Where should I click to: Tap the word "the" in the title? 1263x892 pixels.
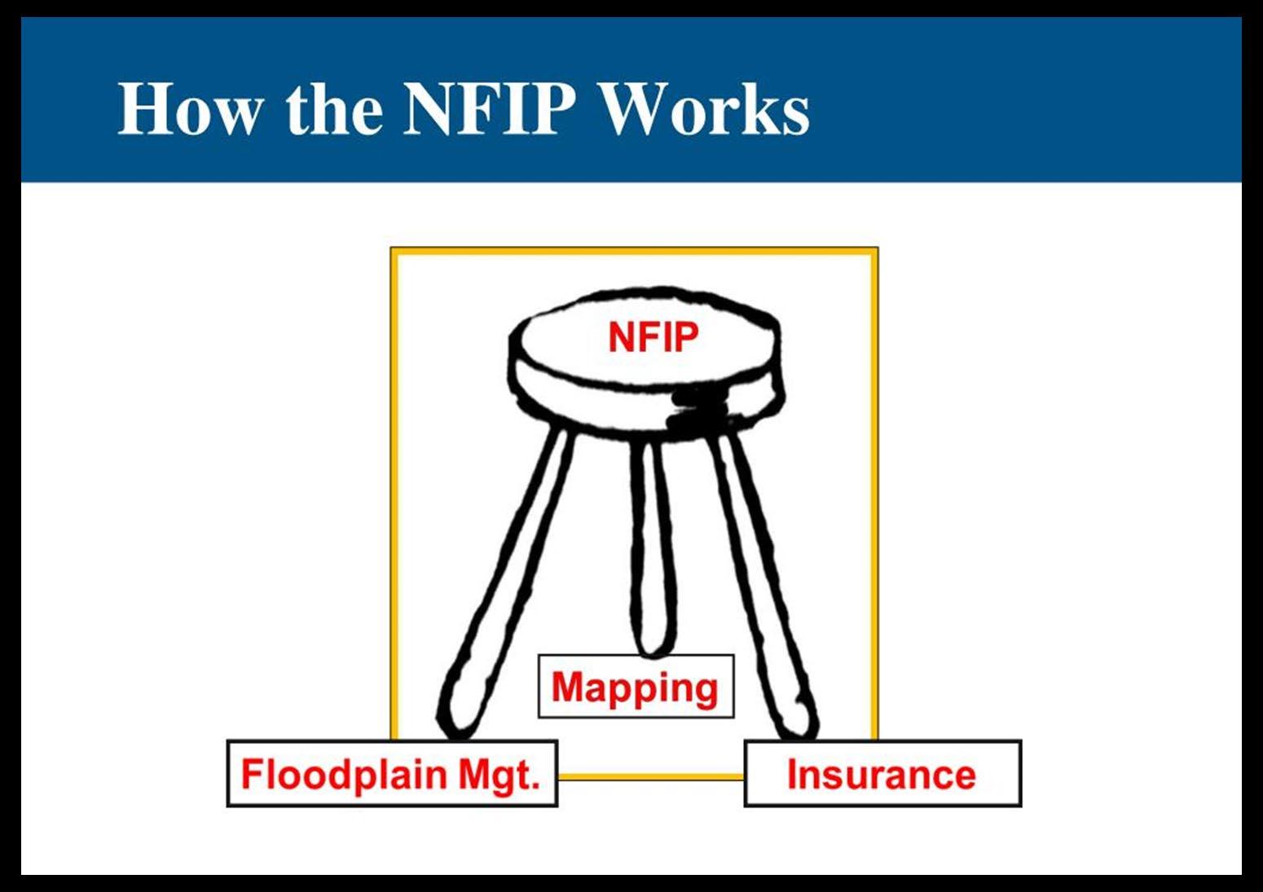(334, 109)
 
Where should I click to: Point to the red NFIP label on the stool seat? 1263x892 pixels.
(654, 337)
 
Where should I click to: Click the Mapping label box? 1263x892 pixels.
(636, 687)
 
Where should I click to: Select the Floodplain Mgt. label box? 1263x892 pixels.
(392, 773)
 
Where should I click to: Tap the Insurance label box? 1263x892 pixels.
(882, 773)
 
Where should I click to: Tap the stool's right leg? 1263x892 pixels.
(762, 570)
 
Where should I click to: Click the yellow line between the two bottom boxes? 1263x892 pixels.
(651, 777)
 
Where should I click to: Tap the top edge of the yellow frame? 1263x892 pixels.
(635, 251)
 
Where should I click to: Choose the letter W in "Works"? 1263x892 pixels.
(634, 109)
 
